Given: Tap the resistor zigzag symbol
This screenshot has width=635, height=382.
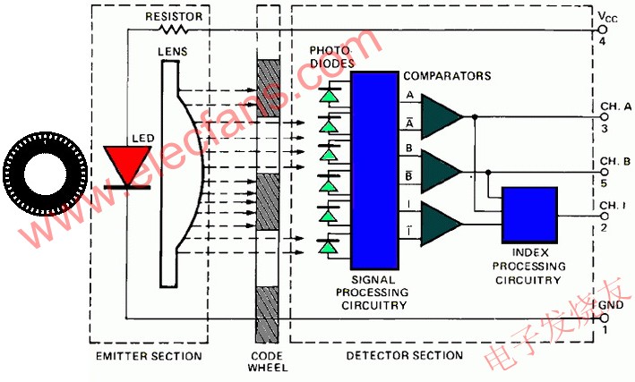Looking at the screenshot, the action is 173,30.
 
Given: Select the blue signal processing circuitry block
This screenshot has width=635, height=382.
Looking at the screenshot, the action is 374,170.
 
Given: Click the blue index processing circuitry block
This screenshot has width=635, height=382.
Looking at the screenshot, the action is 529,215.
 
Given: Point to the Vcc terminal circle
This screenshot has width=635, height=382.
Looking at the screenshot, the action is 603,30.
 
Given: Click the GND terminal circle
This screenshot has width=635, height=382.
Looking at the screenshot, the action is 603,318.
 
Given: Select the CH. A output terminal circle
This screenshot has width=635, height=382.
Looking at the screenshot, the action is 605,117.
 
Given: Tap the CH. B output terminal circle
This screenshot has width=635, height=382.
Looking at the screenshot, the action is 605,173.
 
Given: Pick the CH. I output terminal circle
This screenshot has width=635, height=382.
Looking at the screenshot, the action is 605,216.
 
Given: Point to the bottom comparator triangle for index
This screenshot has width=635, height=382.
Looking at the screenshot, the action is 440,224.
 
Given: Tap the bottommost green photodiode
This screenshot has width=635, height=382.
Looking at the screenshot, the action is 329,246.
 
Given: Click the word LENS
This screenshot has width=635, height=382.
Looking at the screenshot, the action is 173,51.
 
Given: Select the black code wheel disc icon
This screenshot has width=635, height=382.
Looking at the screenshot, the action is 46,174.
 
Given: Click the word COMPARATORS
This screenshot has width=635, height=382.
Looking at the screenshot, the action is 447,76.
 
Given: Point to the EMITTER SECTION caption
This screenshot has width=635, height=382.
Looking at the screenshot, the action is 149,356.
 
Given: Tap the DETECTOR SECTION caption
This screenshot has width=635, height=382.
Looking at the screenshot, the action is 405,355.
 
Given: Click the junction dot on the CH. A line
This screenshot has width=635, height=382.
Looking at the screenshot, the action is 475,117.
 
